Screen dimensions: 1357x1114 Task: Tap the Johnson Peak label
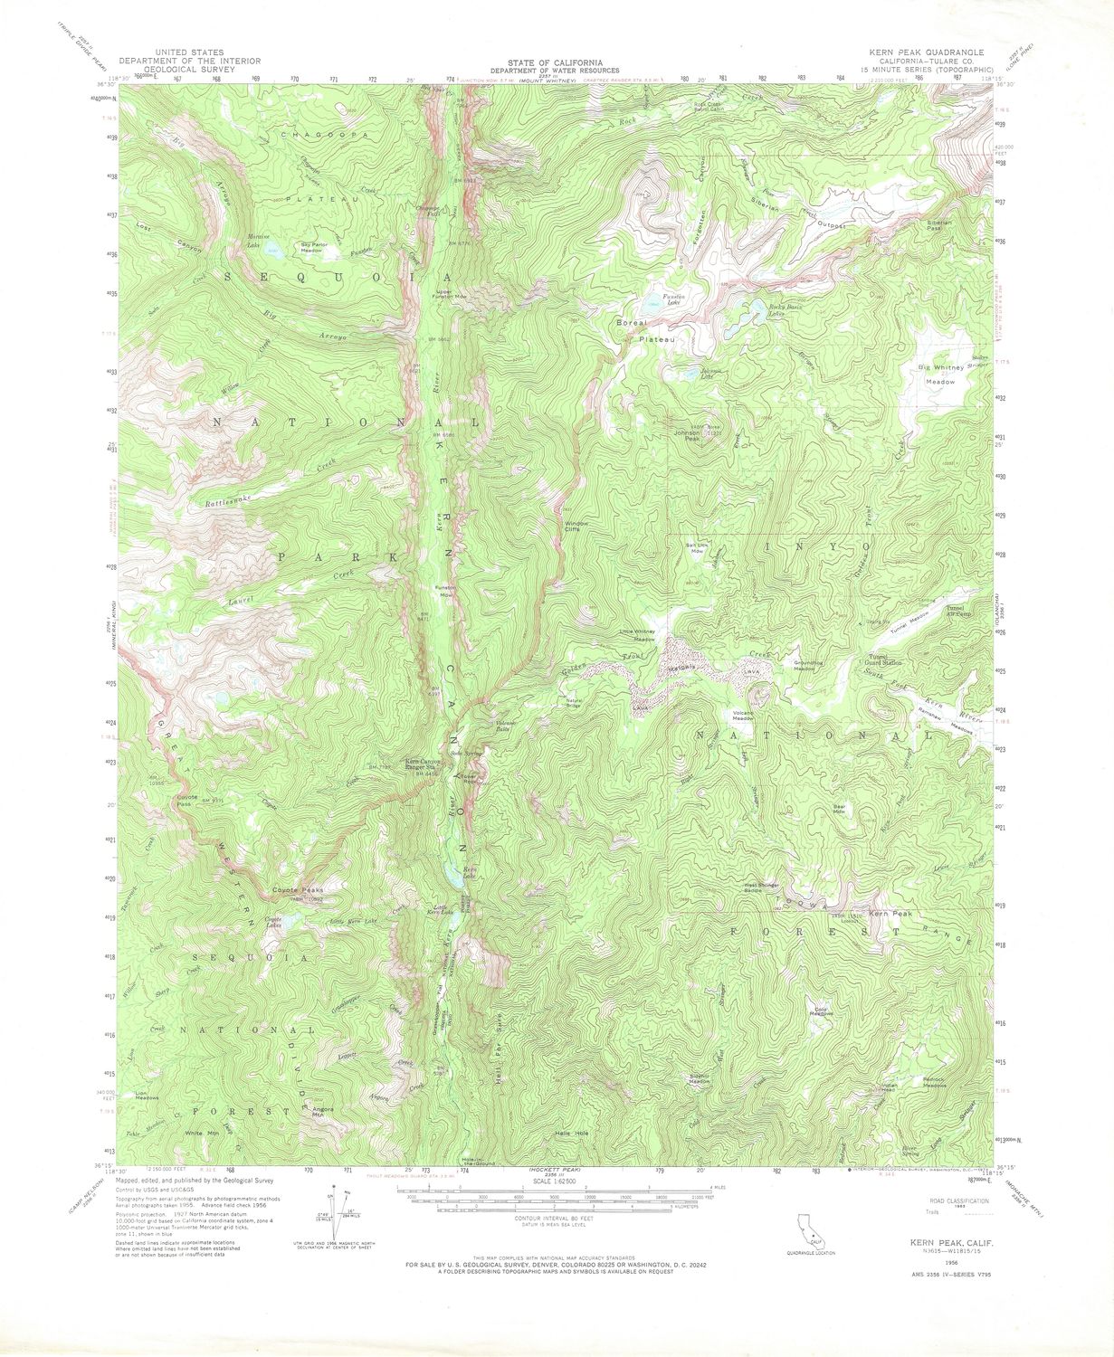coord(687,435)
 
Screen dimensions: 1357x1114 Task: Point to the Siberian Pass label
coord(938,225)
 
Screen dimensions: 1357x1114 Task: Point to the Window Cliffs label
coord(576,526)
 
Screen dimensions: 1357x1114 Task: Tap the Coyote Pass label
coord(186,799)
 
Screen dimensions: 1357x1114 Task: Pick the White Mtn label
coord(201,1134)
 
